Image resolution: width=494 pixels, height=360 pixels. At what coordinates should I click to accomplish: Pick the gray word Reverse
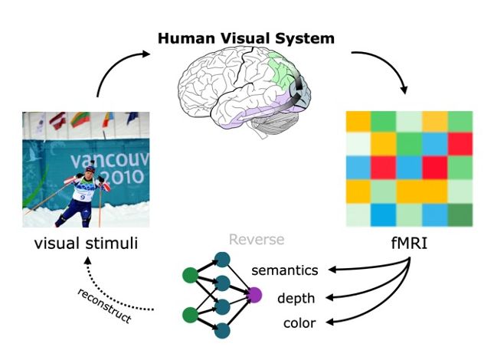[257, 241]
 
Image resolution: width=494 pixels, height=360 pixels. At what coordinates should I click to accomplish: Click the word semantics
[285, 270]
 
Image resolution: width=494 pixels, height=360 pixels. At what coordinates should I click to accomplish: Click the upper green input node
[189, 274]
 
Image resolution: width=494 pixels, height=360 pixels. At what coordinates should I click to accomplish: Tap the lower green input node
[189, 314]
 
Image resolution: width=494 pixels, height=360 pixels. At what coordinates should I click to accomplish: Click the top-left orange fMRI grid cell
[358, 121]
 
